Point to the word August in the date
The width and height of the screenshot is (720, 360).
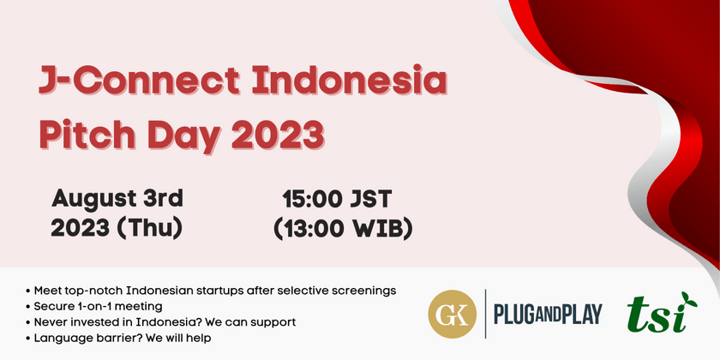[93, 200]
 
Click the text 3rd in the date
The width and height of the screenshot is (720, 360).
[162, 200]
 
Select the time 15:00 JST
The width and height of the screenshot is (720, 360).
[338, 200]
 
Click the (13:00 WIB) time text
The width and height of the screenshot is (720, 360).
[343, 230]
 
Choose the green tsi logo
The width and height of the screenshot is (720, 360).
[657, 315]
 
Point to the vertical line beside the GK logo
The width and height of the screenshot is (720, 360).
[485, 314]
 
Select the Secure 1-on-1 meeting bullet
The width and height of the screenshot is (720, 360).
[99, 306]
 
